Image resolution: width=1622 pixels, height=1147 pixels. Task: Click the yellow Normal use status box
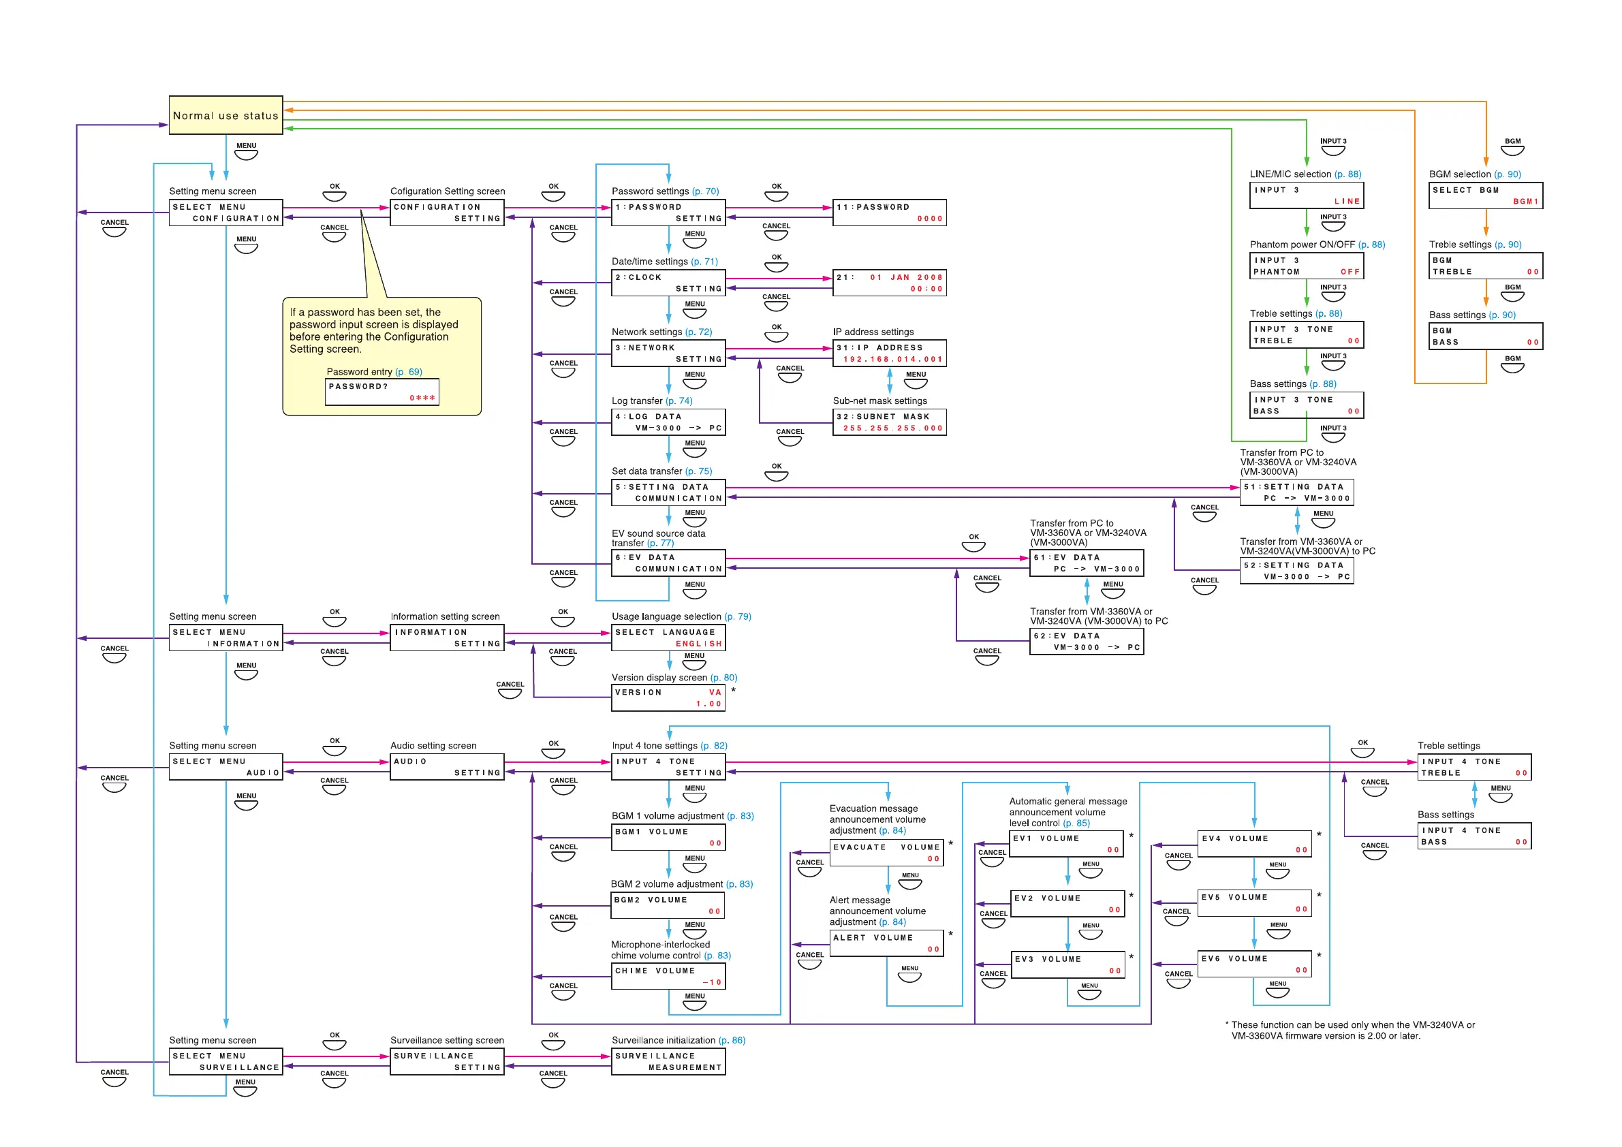coord(225,115)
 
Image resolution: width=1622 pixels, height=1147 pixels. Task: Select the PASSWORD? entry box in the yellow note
coord(381,392)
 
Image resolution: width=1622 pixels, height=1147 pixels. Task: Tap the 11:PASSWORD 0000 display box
coord(889,213)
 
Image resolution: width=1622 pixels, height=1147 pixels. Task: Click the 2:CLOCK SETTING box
coord(668,283)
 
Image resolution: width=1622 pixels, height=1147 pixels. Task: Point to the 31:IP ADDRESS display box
coord(889,353)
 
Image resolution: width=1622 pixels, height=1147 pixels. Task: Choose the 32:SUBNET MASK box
coord(889,422)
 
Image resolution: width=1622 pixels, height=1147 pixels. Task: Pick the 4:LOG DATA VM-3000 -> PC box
coord(668,422)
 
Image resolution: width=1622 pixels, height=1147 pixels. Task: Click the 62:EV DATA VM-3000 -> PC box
coord(1086,642)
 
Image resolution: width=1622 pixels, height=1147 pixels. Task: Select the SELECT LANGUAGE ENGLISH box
coord(668,638)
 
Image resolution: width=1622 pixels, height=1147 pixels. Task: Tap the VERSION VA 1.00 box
coord(668,698)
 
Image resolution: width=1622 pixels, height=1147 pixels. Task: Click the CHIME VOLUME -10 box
coord(668,976)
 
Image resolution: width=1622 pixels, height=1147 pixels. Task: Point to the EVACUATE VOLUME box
coord(886,853)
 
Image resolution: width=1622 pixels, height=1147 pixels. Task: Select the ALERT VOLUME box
coord(886,943)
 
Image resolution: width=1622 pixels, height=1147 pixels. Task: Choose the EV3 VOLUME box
coord(1067,964)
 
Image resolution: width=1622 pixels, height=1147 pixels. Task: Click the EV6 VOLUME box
coord(1255,964)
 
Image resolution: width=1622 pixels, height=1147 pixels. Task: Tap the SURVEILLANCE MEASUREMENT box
coord(668,1062)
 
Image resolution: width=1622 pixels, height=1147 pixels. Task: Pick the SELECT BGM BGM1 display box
coord(1485,195)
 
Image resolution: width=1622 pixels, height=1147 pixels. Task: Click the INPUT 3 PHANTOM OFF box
coord(1305,266)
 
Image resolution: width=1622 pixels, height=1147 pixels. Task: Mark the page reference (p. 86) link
coord(731,1039)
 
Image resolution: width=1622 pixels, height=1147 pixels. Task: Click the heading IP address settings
coord(873,332)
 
